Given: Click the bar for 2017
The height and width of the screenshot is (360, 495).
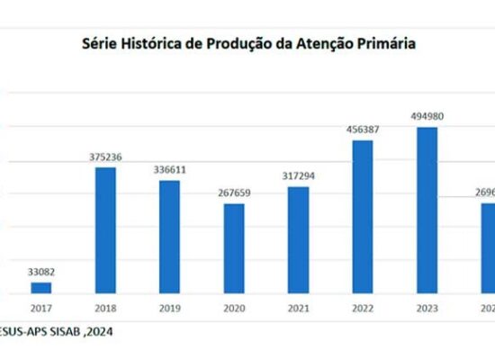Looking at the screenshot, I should pyautogui.click(x=41, y=288).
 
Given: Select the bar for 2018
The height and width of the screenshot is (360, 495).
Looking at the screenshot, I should pyautogui.click(x=105, y=230).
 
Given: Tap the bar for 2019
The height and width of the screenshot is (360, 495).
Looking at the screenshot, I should pyautogui.click(x=169, y=237).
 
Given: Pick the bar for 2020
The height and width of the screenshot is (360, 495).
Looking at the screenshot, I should pyautogui.click(x=233, y=248).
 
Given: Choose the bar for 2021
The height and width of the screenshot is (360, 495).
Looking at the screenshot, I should pyautogui.click(x=298, y=240).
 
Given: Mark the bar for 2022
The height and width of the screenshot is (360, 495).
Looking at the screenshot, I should pyautogui.click(x=362, y=217).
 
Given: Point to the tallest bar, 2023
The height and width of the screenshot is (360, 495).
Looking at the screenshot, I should pyautogui.click(x=427, y=211).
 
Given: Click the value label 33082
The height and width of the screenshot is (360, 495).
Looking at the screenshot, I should pyautogui.click(x=41, y=271).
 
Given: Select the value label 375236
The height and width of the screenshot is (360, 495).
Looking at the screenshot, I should pyautogui.click(x=105, y=156).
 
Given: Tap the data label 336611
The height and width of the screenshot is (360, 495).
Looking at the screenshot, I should pyautogui.click(x=169, y=169).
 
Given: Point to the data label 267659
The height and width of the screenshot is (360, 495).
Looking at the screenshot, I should pyautogui.click(x=233, y=192).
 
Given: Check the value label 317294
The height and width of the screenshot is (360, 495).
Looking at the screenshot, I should pyautogui.click(x=298, y=175).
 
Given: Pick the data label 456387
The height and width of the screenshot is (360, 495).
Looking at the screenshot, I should pyautogui.click(x=362, y=129).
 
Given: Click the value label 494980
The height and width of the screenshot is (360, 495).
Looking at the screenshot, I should pyautogui.click(x=427, y=116).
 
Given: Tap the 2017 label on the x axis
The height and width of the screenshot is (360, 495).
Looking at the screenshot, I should pyautogui.click(x=41, y=308).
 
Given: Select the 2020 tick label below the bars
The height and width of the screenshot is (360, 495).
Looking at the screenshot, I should pyautogui.click(x=233, y=308).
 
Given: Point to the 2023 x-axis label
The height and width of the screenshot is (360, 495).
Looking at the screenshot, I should pyautogui.click(x=427, y=308).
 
